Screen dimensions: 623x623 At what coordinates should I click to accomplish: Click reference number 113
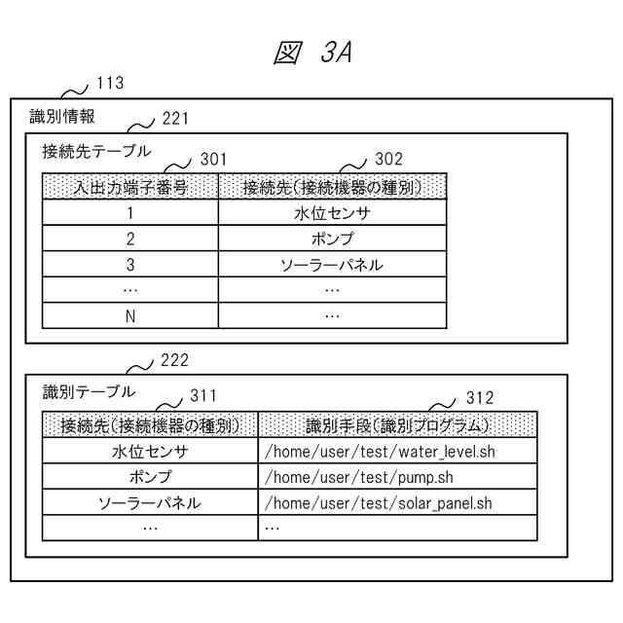(x=110, y=84)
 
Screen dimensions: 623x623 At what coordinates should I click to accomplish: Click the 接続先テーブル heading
(x=96, y=151)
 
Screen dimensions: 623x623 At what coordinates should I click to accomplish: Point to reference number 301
(x=212, y=159)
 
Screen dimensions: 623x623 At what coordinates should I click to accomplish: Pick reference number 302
(x=388, y=159)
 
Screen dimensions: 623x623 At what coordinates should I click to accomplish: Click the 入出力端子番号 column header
(x=130, y=187)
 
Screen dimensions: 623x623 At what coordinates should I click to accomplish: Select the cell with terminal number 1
(x=130, y=213)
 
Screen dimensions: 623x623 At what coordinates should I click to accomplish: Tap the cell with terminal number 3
(x=130, y=264)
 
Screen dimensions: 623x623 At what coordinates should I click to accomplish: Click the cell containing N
(x=130, y=314)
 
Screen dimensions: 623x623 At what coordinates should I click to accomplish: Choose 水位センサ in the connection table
(x=332, y=213)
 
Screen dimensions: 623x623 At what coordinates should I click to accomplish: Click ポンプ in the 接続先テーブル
(x=332, y=238)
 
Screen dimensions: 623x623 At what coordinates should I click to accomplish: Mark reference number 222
(x=174, y=360)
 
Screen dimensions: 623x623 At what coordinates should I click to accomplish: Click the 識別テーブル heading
(x=90, y=391)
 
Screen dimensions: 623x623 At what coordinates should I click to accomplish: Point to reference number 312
(x=479, y=397)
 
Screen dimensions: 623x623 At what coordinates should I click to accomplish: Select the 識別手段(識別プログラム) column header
(x=397, y=424)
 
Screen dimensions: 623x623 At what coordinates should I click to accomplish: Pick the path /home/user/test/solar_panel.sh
(x=379, y=502)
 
